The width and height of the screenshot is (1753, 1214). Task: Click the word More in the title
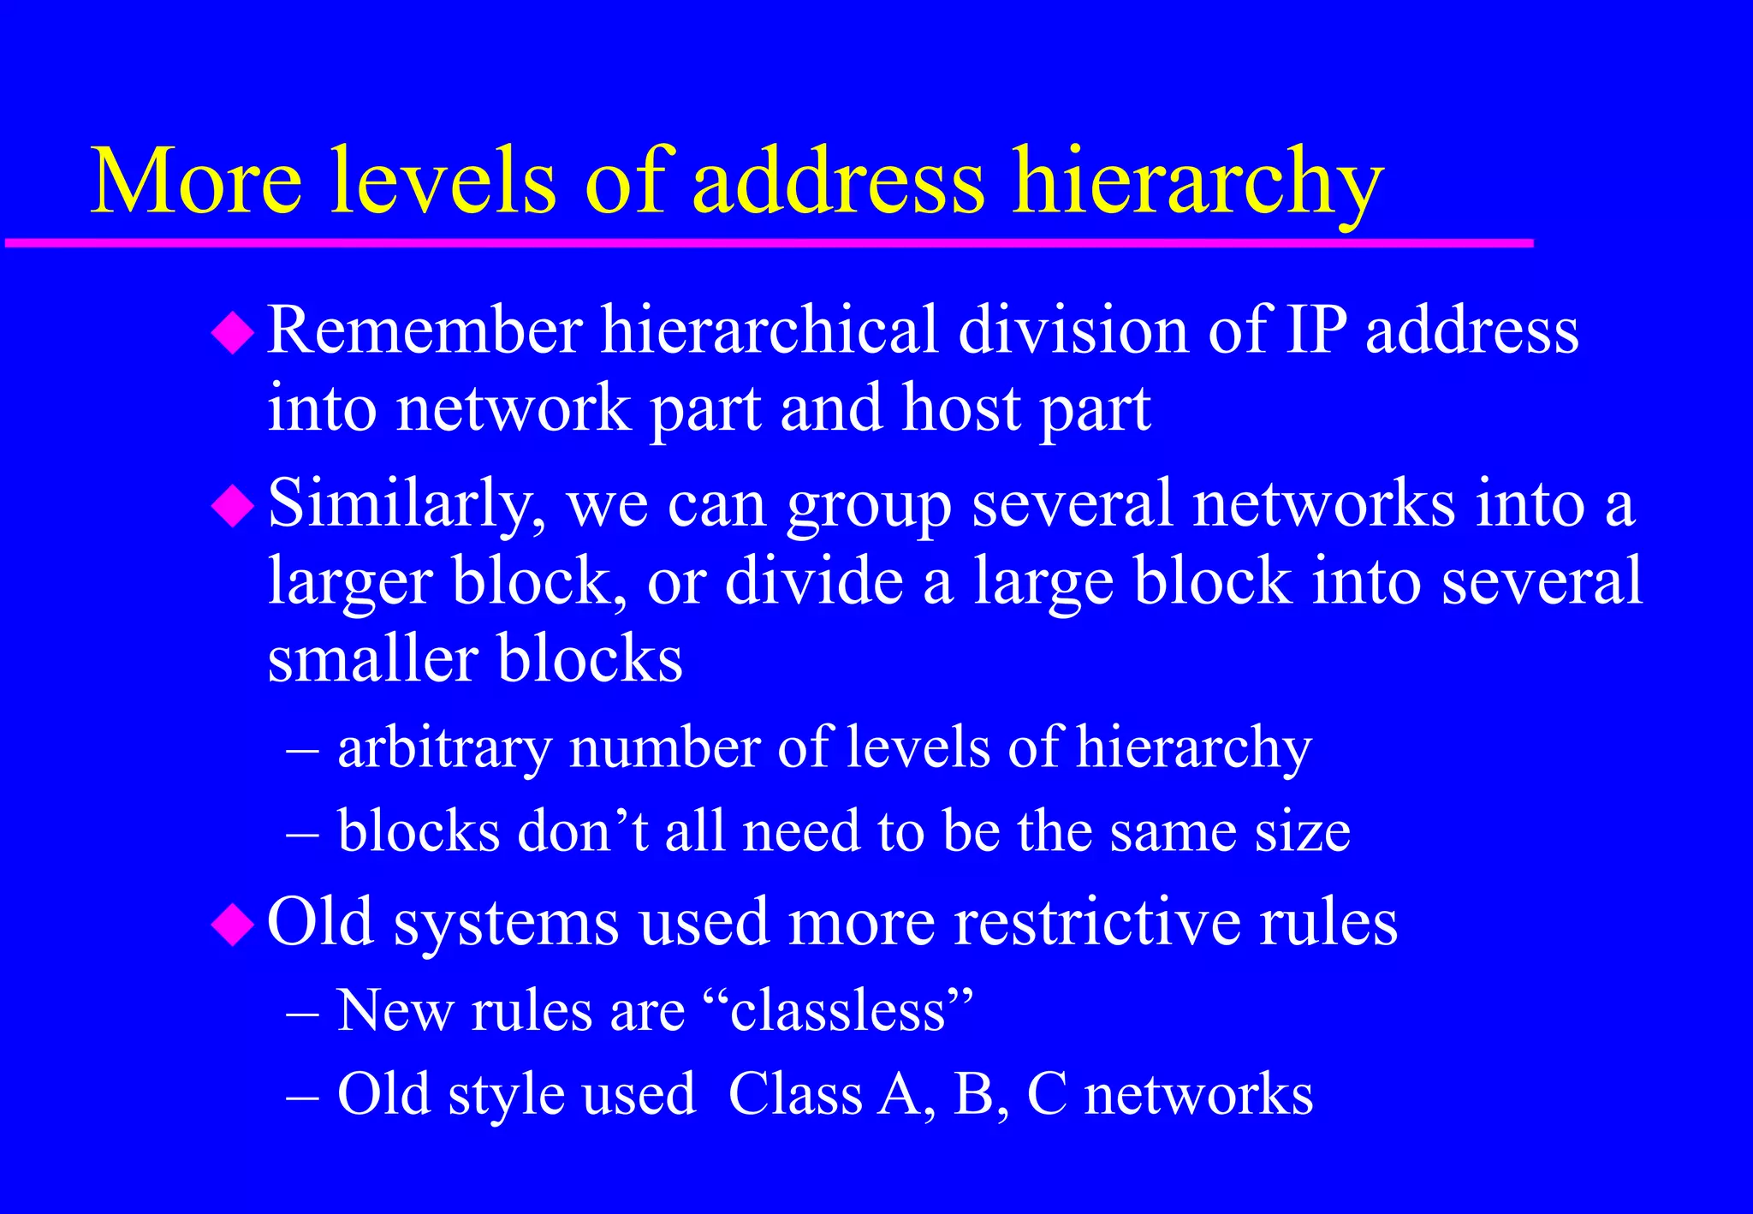196,182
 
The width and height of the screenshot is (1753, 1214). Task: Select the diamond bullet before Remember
233,333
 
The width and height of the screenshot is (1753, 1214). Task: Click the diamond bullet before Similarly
233,506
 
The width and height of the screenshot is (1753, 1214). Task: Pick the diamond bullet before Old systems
233,924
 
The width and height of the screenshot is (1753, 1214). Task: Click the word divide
814,582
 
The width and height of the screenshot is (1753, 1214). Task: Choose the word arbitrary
444,748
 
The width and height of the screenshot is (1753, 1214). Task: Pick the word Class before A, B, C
795,1094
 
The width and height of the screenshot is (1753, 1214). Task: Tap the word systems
506,925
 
